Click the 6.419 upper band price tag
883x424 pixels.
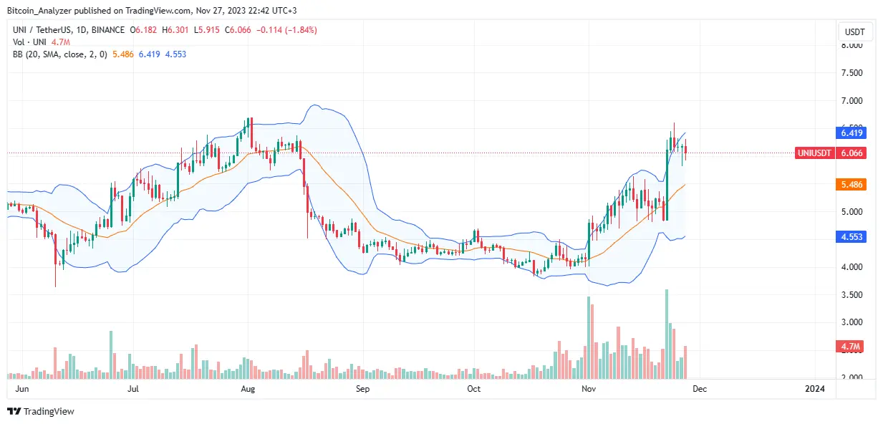pos(851,132)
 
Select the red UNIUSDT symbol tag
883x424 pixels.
pos(814,153)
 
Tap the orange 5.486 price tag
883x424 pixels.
pos(851,184)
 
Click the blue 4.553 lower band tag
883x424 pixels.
pos(851,237)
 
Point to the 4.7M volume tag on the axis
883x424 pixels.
pos(851,347)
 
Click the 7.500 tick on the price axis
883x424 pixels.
pos(851,73)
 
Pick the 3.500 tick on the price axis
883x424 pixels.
pos(851,294)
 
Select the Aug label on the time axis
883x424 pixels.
pos(247,389)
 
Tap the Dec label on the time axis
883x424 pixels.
pos(700,389)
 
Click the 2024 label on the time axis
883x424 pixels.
pos(814,389)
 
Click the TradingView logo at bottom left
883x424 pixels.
pos(41,411)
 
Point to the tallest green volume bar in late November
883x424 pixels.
pos(667,333)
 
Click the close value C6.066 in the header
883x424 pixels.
pos(238,30)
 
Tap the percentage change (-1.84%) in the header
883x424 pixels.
pos(299,30)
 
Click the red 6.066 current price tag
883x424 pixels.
pos(851,153)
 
